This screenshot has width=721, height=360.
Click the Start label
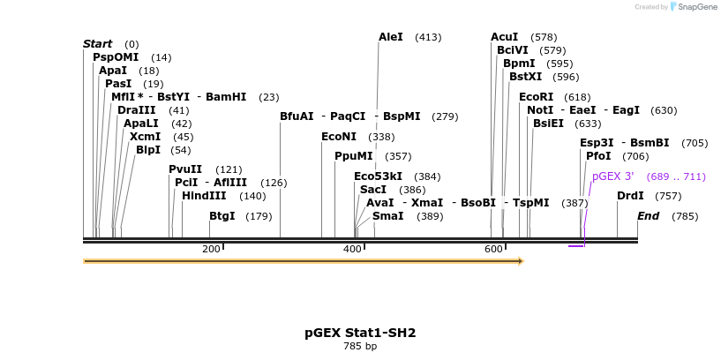(x=97, y=44)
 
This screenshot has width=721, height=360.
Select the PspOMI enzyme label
(x=116, y=57)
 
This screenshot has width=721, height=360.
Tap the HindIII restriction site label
(x=204, y=196)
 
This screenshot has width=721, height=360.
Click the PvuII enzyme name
(x=185, y=169)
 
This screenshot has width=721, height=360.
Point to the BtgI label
(x=222, y=216)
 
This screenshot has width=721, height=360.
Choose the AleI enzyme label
(x=390, y=37)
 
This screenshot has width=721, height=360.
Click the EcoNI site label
(x=339, y=137)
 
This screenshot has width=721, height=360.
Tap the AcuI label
(x=504, y=37)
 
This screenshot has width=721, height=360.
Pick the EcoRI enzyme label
(x=536, y=97)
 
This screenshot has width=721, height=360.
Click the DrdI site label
(x=630, y=196)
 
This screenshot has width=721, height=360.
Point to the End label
(x=648, y=216)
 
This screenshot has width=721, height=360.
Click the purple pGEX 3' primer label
(x=612, y=176)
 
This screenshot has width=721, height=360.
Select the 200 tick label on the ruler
(x=211, y=250)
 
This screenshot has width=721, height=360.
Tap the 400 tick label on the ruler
(x=352, y=250)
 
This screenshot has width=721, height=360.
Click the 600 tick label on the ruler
(x=493, y=250)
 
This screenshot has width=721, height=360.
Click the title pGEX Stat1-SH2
(x=360, y=333)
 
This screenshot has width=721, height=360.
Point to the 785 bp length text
(x=360, y=346)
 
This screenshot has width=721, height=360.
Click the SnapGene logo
(x=692, y=7)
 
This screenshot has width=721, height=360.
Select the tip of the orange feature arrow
(x=522, y=261)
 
